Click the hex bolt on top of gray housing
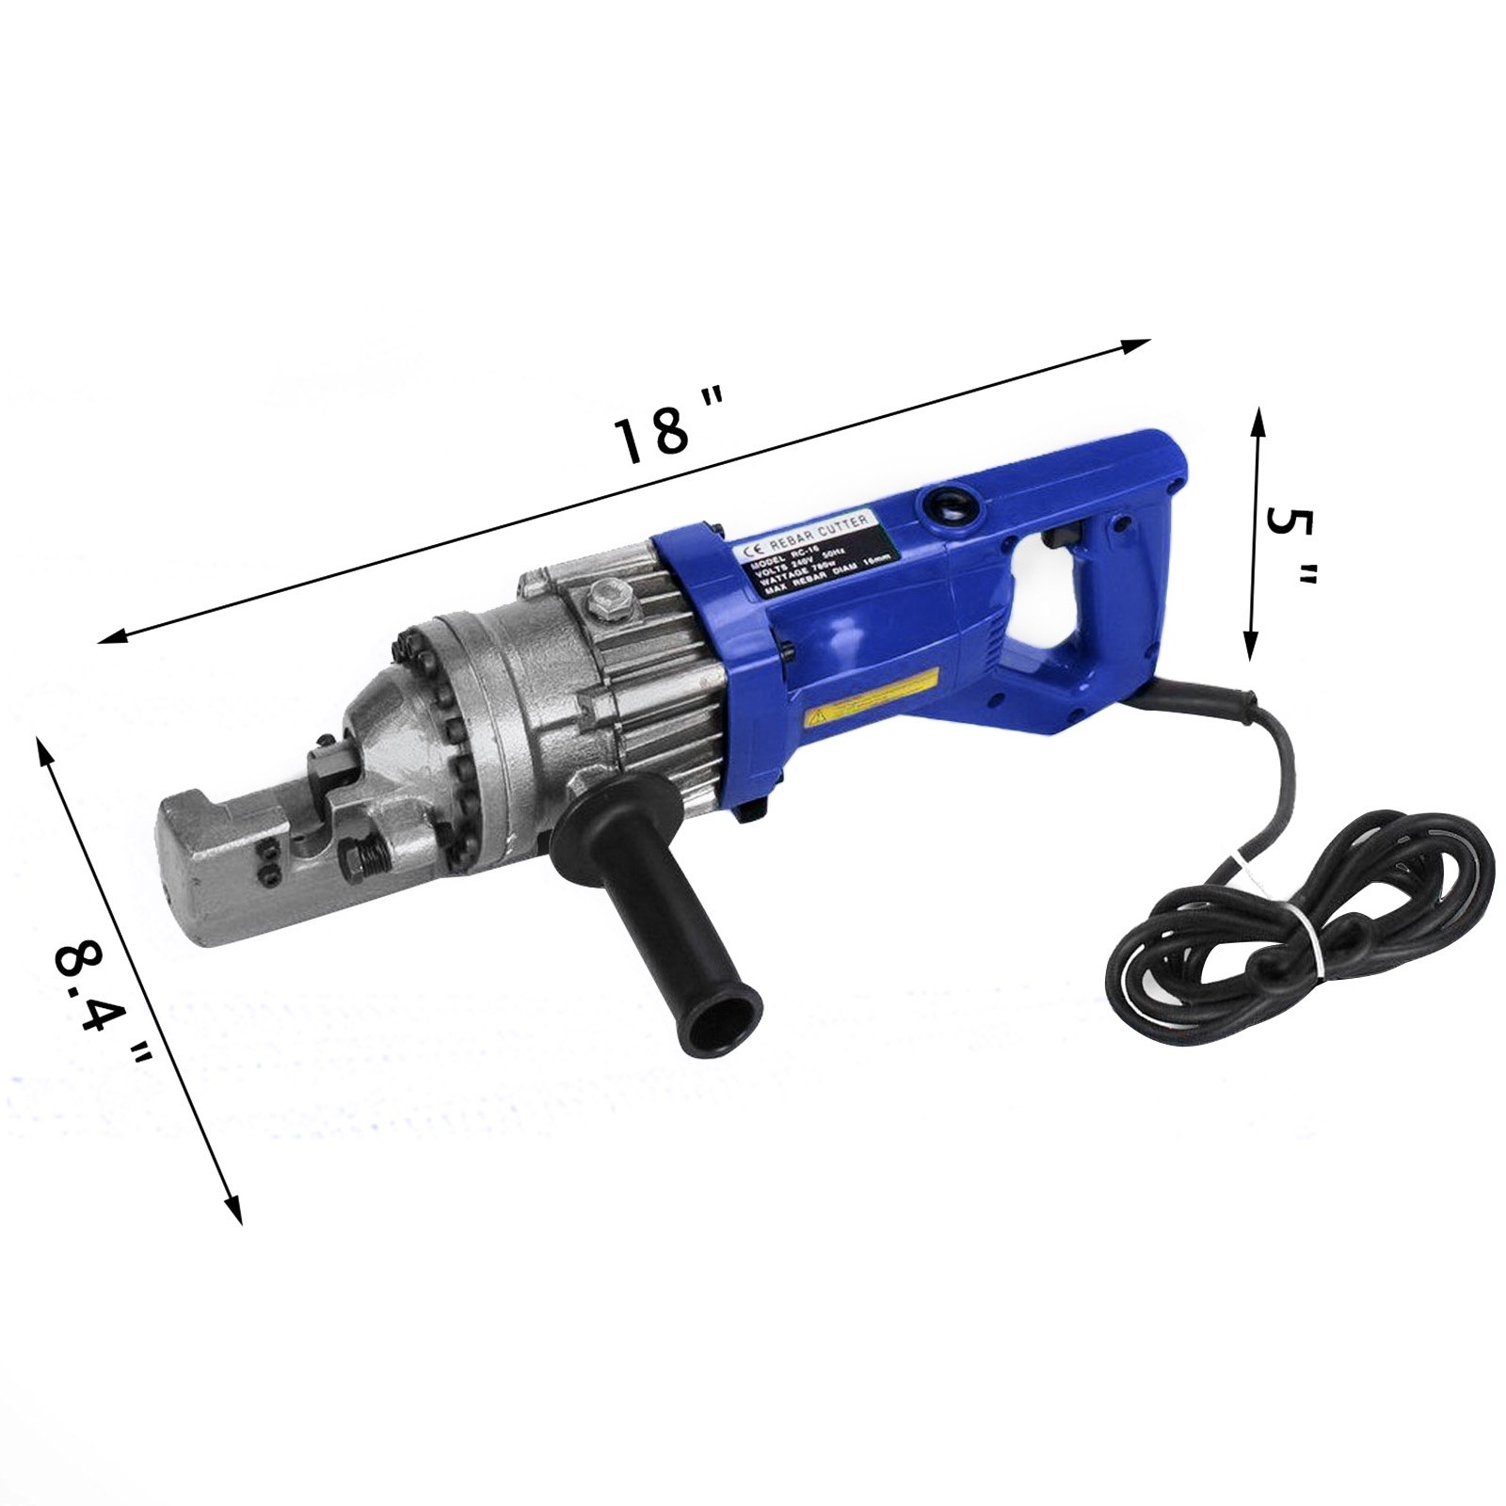606,599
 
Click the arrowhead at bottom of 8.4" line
234,1213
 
